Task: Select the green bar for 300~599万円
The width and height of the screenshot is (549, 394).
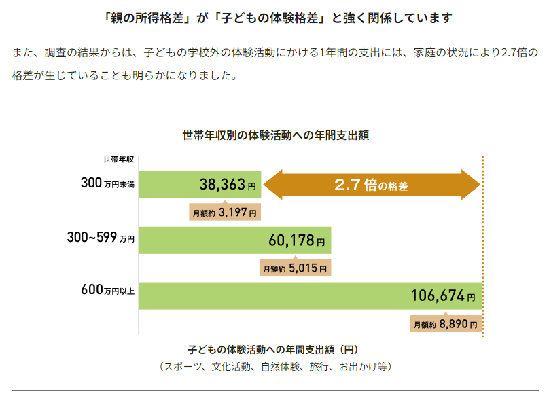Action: [x=204, y=240]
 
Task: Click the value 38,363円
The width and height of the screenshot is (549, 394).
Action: [x=228, y=185]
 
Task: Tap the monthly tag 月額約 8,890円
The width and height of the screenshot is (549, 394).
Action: [x=446, y=325]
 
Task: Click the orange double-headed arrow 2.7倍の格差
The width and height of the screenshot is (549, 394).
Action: [x=371, y=185]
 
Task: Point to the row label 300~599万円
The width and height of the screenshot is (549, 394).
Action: [x=101, y=238]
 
